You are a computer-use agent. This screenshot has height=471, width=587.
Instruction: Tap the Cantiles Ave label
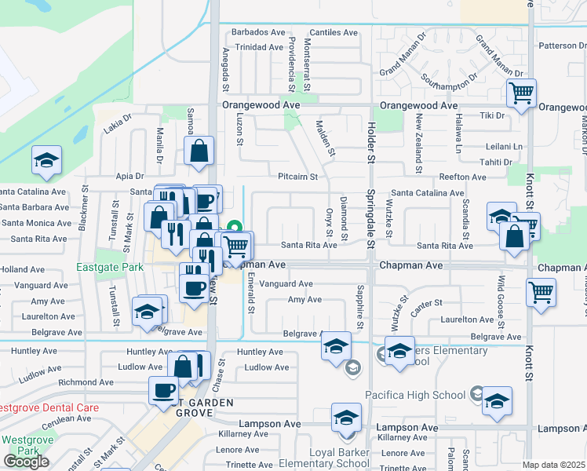coord(334,32)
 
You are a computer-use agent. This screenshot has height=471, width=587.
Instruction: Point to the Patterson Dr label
coord(562,46)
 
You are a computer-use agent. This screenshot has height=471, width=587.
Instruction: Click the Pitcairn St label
coord(297,177)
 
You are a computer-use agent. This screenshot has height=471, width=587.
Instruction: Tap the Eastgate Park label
coord(110,267)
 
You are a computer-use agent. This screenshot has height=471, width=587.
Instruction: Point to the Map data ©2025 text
coord(553,465)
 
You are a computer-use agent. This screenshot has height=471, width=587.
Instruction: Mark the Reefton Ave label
coord(462,177)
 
